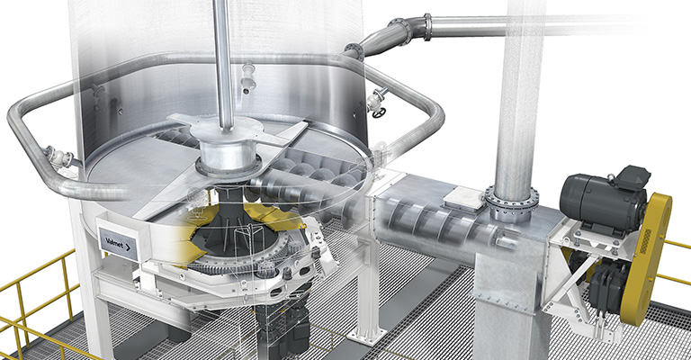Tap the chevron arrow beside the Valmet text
[128, 247]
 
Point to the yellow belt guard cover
[647, 258]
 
